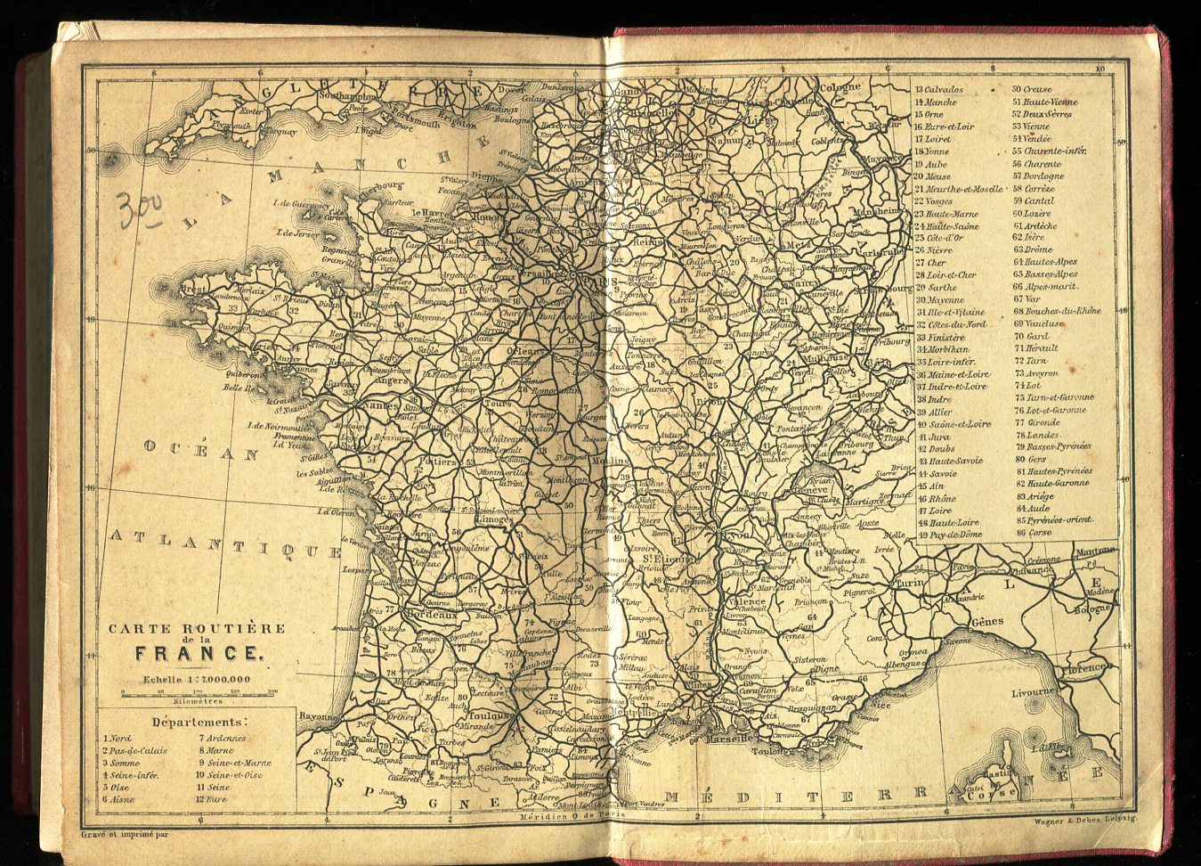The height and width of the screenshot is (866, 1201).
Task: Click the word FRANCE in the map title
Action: tap(198, 653)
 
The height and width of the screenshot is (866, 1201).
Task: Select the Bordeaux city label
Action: tap(431, 615)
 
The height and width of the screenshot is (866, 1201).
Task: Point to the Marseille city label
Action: tap(729, 739)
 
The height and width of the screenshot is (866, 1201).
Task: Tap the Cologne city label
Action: tap(840, 87)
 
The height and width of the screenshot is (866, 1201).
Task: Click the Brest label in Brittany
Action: tap(193, 290)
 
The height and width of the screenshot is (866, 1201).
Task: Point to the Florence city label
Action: tap(1083, 667)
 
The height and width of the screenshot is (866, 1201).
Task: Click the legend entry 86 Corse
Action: tap(1033, 533)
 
